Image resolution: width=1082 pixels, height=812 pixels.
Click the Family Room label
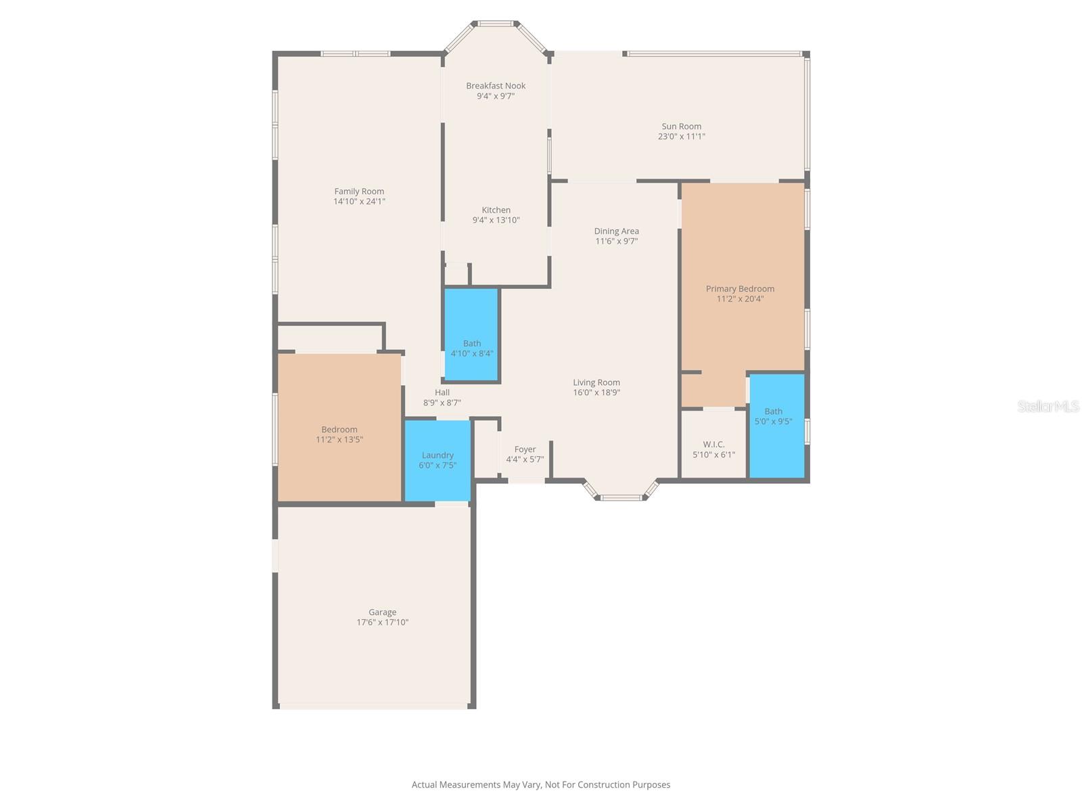click(359, 191)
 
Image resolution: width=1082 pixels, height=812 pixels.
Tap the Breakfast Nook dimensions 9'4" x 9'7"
click(496, 96)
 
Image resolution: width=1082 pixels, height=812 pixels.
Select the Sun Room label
click(681, 126)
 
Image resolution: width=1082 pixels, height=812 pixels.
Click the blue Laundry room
click(438, 460)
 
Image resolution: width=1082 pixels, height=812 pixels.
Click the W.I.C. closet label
click(713, 445)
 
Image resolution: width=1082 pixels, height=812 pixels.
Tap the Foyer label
click(525, 449)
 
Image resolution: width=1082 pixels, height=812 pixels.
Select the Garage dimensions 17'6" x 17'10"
click(382, 623)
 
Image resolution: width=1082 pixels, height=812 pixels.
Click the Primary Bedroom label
click(740, 288)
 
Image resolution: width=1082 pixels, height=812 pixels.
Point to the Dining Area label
click(616, 231)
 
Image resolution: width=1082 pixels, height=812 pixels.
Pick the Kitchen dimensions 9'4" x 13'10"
click(496, 220)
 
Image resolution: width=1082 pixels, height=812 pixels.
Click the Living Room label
click(596, 382)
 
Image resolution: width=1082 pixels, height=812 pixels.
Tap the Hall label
click(442, 392)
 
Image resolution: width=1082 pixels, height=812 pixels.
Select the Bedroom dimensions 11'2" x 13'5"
click(339, 440)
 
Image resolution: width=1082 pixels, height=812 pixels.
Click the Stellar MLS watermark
click(1048, 406)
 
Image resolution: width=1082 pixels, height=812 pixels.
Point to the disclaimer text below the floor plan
click(541, 785)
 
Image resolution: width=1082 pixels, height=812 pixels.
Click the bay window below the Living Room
click(621, 497)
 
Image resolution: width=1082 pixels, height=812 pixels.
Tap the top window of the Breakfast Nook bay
click(496, 24)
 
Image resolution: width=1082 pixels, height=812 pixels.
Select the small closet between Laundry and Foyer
click(486, 450)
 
